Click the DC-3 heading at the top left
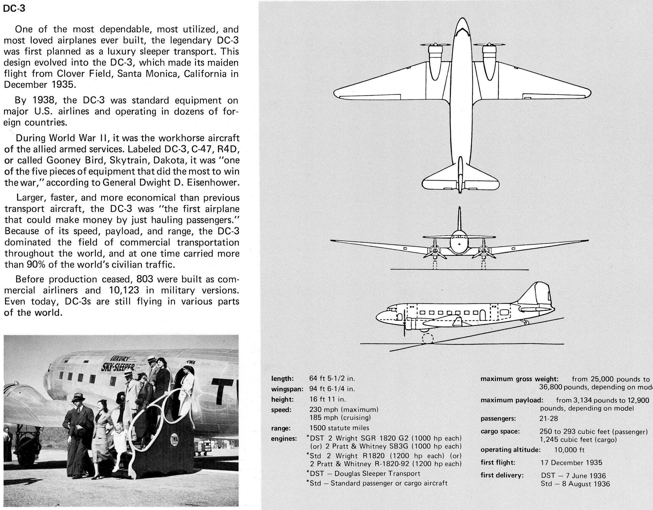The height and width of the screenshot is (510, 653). [x=14, y=9]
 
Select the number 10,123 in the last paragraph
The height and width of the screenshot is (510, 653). [x=123, y=290]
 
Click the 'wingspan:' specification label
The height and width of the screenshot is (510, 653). [x=287, y=389]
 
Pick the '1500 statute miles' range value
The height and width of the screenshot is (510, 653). [x=339, y=428]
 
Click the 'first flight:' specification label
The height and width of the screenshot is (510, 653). [x=498, y=463]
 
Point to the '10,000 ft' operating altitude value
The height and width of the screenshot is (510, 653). [x=569, y=450]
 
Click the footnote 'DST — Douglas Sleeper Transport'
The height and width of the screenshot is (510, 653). [x=364, y=474]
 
